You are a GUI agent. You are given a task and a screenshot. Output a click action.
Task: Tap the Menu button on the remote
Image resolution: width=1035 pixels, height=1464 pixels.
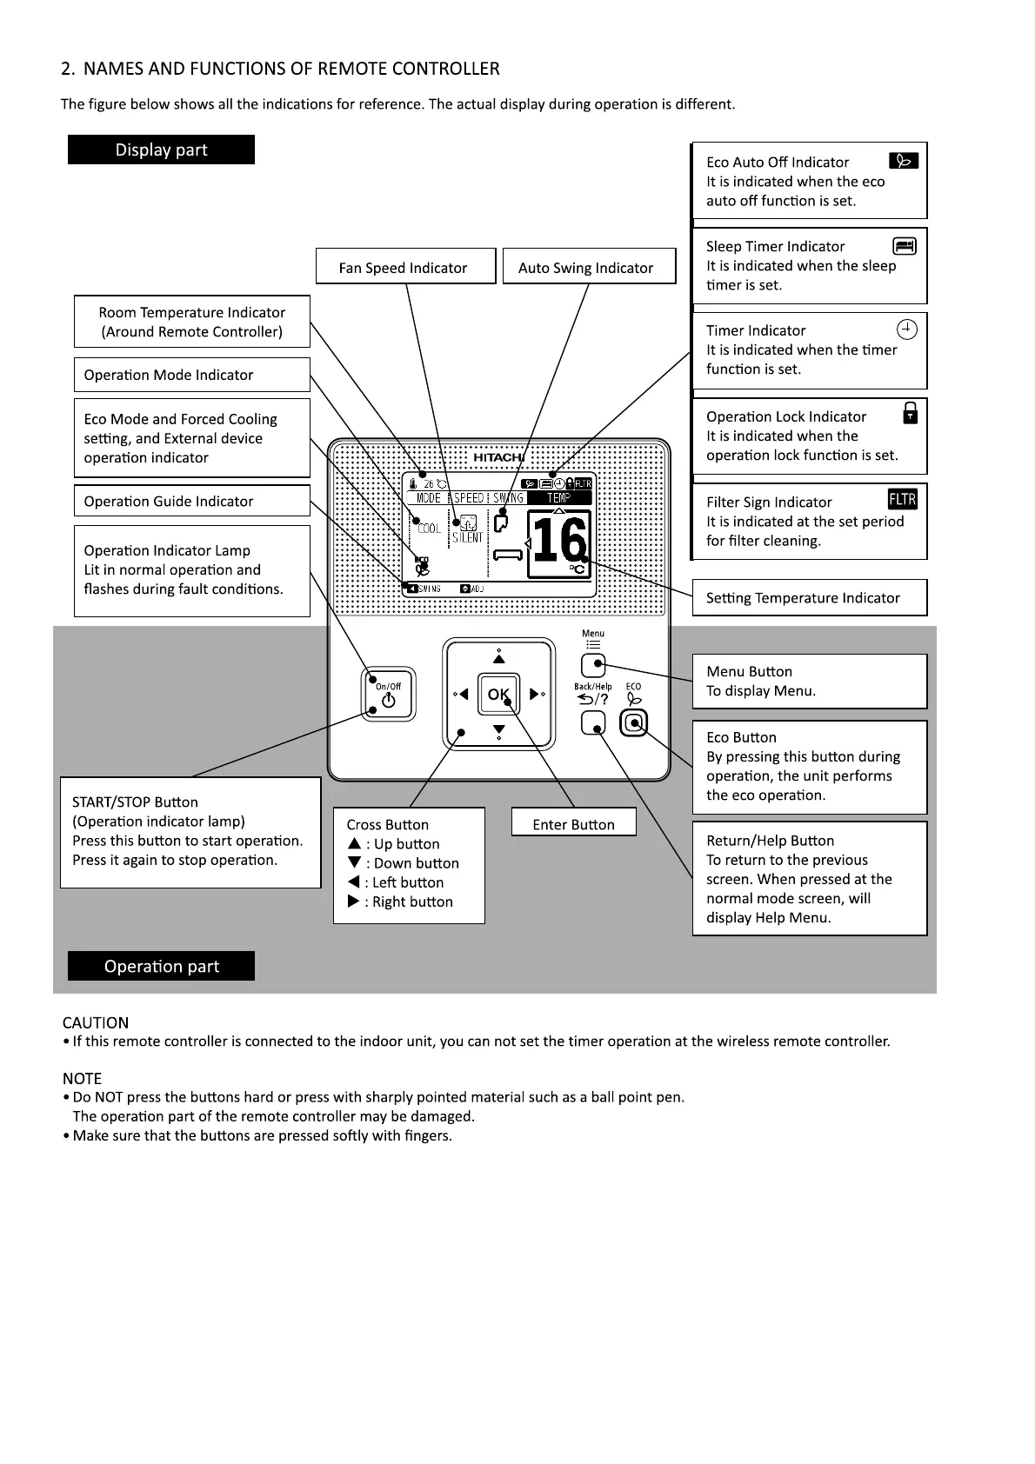pos(593,666)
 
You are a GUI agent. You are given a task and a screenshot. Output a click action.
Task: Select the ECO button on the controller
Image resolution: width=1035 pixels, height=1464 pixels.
pos(634,722)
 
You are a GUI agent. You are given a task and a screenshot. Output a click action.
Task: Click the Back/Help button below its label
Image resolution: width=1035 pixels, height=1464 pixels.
pos(593,722)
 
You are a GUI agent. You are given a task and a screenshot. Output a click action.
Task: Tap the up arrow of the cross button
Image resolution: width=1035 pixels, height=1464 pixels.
pos(498,658)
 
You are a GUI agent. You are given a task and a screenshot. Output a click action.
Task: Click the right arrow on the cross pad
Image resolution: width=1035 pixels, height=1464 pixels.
pos(535,694)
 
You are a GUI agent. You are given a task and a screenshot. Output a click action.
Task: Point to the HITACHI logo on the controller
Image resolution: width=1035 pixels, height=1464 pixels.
pos(498,457)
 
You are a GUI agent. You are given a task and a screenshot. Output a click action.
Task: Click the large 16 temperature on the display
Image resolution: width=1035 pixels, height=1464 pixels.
pos(558,542)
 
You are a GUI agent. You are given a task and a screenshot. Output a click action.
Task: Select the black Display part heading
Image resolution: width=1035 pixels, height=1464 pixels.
pos(161,150)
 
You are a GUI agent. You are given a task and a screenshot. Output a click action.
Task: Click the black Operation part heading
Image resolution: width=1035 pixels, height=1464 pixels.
pos(161,966)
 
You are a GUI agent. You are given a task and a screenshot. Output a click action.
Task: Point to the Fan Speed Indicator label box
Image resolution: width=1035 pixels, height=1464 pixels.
pos(404,267)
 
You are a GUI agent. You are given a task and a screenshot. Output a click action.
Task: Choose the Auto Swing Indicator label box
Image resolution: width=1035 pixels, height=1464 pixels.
pos(589,267)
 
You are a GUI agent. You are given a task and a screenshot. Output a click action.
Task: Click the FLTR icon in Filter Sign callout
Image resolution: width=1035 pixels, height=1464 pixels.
pos(902,499)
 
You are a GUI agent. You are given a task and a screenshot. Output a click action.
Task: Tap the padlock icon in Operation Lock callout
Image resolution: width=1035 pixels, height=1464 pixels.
pos(910,412)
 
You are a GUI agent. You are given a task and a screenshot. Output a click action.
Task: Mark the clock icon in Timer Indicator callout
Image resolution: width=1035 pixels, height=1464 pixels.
pos(906,329)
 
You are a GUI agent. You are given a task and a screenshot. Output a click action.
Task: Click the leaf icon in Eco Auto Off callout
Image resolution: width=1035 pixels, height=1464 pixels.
pos(904,161)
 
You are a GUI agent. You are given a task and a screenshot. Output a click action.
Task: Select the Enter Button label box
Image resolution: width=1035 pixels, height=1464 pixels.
pos(573,823)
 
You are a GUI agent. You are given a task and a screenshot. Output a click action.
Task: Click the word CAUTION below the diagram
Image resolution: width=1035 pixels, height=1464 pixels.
pos(96,1022)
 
